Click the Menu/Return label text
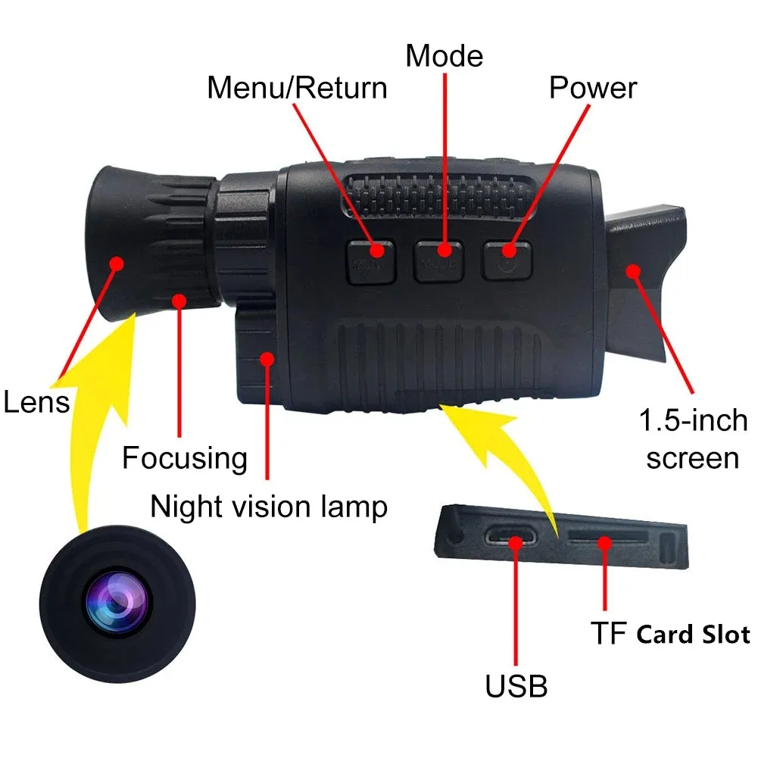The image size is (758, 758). pyautogui.click(x=297, y=88)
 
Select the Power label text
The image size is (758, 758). pyautogui.click(x=592, y=88)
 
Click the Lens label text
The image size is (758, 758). pyautogui.click(x=36, y=401)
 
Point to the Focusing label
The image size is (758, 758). pyautogui.click(x=185, y=458)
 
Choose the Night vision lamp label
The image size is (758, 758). pyautogui.click(x=269, y=506)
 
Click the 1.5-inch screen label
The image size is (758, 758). pyautogui.click(x=692, y=439)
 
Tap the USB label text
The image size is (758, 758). pyautogui.click(x=516, y=686)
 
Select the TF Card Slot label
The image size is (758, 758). pyautogui.click(x=669, y=634)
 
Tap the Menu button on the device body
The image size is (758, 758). pyautogui.click(x=371, y=262)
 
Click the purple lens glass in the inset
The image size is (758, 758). pyautogui.click(x=115, y=603)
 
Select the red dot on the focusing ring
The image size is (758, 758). pyautogui.click(x=179, y=301)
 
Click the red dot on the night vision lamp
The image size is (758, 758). pyautogui.click(x=266, y=359)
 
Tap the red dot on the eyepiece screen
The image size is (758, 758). pyautogui.click(x=632, y=270)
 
